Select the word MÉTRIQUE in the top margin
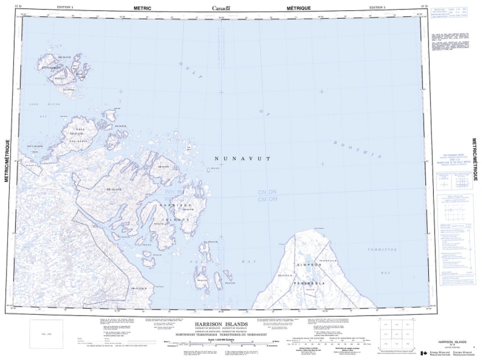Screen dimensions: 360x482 pyautogui.click(x=299, y=7)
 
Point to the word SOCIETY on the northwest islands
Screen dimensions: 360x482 pyautogui.click(x=59, y=79)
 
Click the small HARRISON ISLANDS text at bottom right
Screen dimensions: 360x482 pyautogui.click(x=450, y=340)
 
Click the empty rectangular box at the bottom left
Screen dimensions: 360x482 pyautogui.click(x=46, y=334)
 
